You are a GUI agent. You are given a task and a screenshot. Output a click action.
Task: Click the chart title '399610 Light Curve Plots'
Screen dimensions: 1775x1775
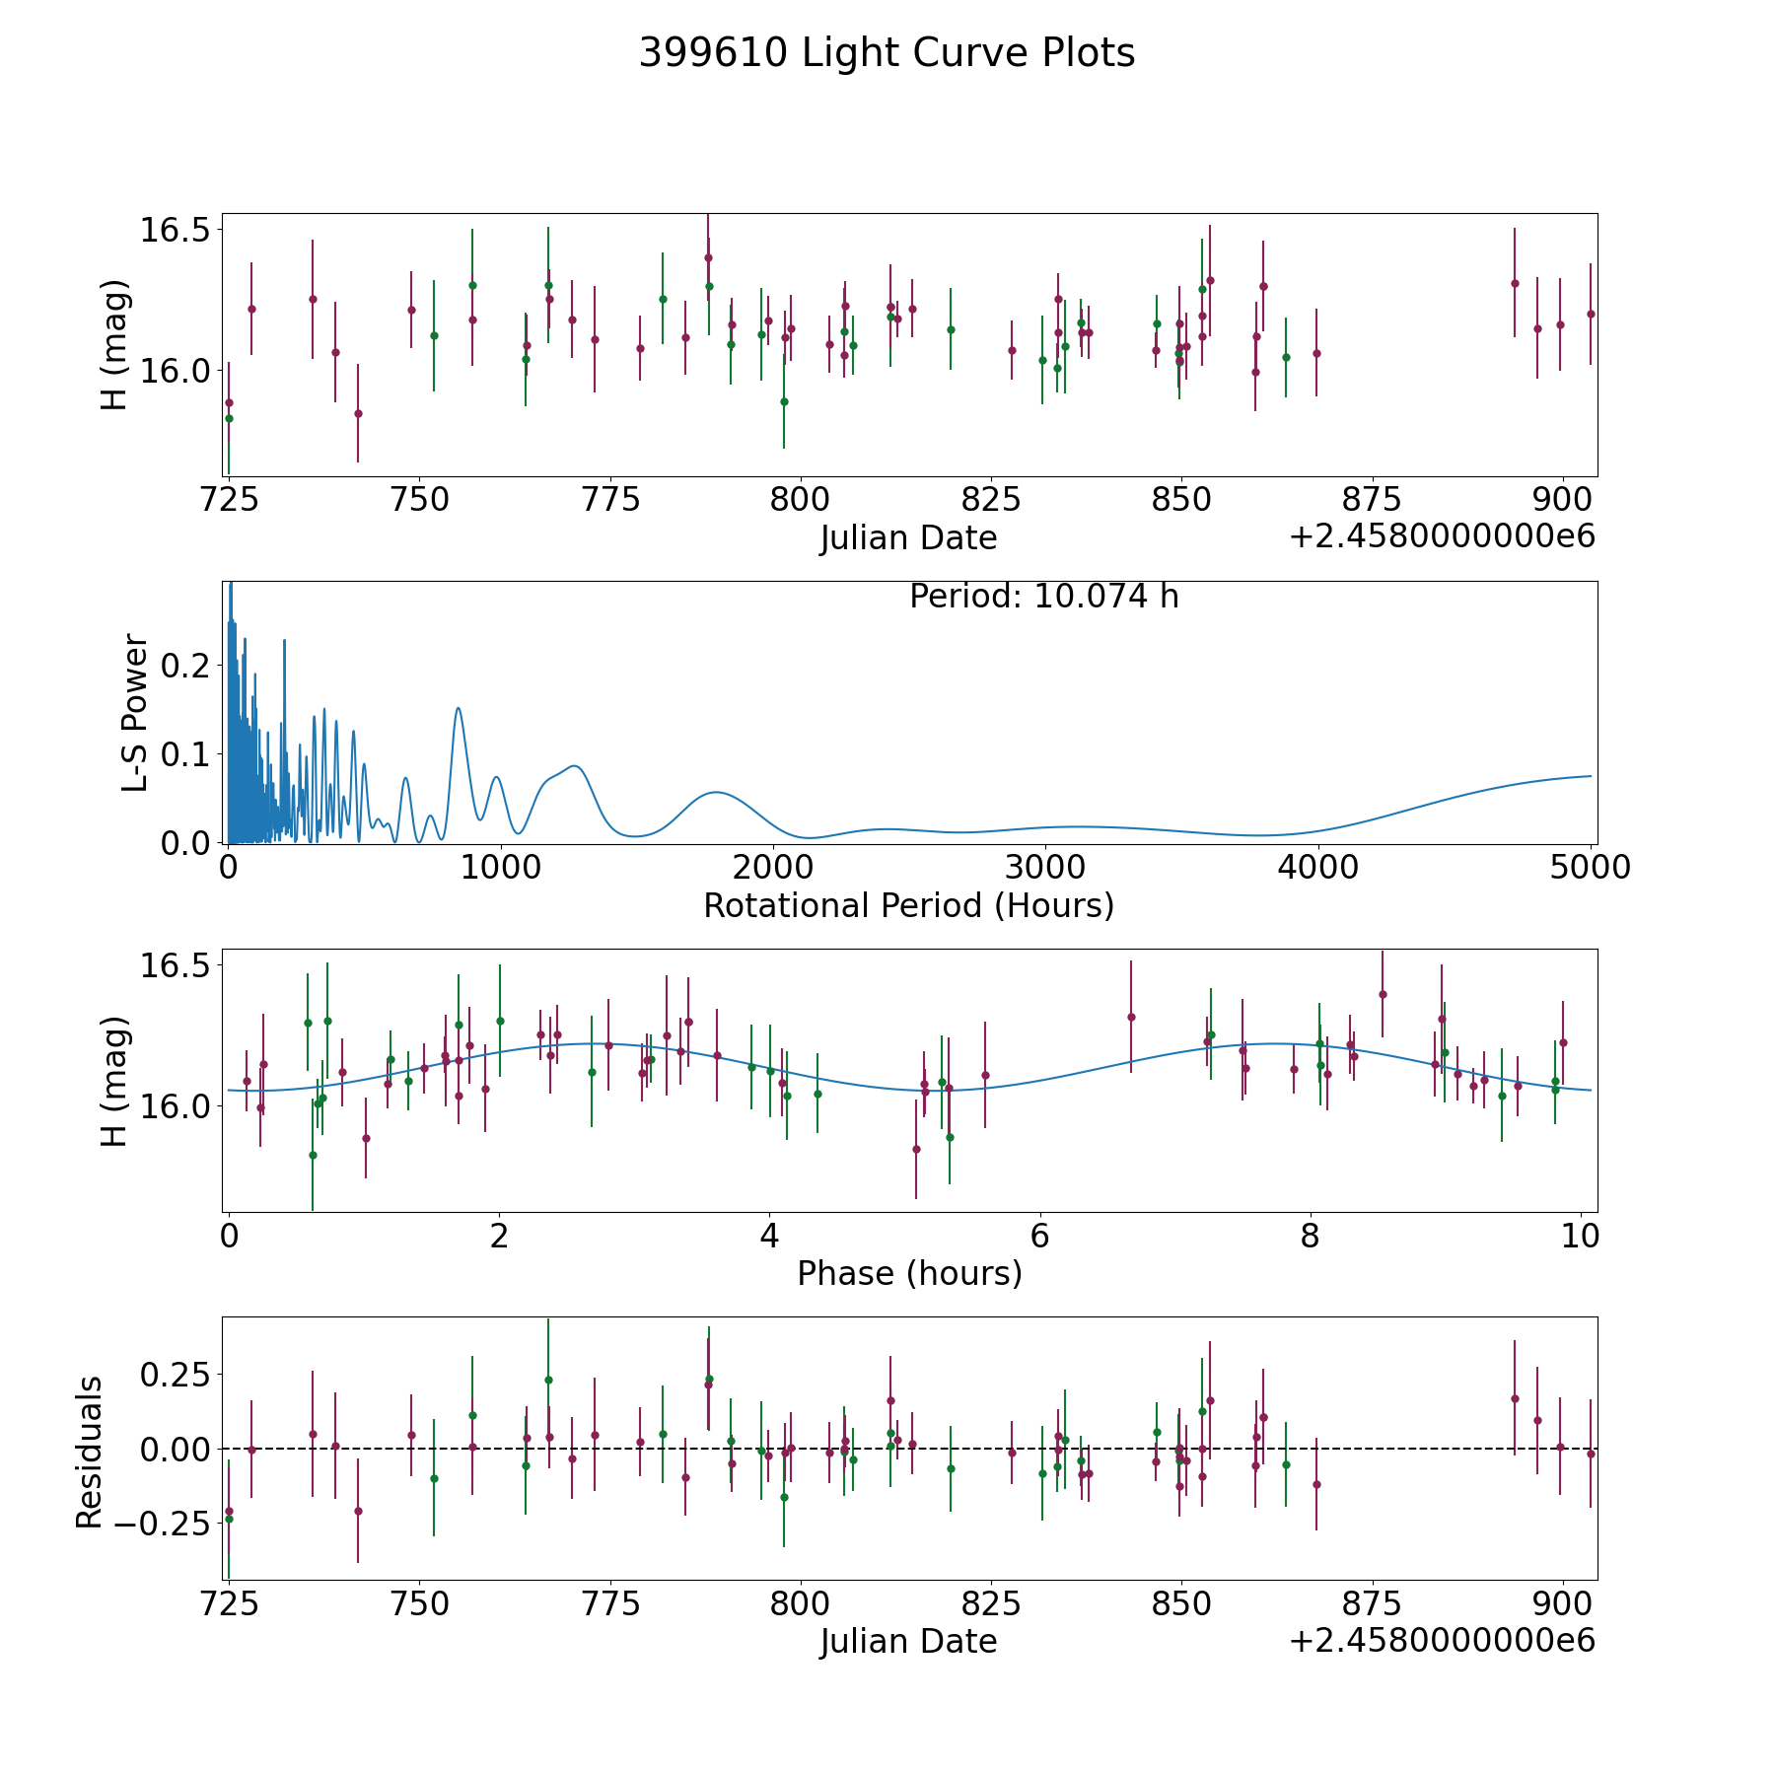tap(887, 53)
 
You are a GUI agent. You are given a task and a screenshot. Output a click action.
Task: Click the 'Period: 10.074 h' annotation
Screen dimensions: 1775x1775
tap(1043, 597)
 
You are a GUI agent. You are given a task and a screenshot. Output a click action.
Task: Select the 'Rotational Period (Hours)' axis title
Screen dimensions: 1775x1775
tap(908, 905)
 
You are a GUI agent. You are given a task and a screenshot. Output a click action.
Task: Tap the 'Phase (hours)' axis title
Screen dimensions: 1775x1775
tap(909, 1274)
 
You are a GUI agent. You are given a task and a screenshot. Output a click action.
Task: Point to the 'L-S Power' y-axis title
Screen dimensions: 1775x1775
tap(135, 713)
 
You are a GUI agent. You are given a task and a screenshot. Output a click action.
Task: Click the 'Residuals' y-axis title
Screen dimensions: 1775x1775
tap(90, 1453)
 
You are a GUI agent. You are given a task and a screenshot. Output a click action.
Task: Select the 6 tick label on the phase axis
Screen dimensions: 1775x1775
tap(1039, 1237)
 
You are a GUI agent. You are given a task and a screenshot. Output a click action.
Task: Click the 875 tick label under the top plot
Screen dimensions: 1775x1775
tap(1372, 500)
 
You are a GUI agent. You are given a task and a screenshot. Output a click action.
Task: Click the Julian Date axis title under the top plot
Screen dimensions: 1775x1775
tap(908, 538)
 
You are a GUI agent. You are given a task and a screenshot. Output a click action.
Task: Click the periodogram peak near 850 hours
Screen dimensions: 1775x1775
tap(459, 708)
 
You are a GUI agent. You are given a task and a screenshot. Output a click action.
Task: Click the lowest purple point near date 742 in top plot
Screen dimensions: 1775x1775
tap(358, 413)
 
